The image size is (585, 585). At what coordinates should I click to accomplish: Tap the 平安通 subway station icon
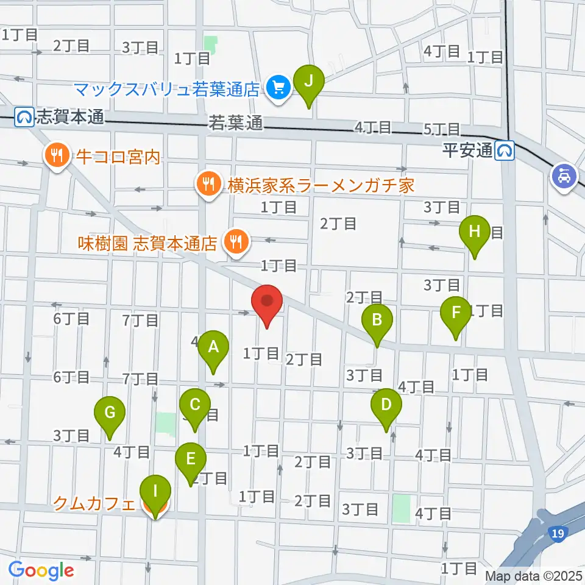coord(505,150)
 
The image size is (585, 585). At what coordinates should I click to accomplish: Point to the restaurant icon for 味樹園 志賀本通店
coord(233,243)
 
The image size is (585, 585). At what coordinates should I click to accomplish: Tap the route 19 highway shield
coord(559,534)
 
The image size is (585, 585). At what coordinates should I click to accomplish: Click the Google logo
coord(41,570)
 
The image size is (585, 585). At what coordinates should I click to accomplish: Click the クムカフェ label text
coord(94,503)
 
